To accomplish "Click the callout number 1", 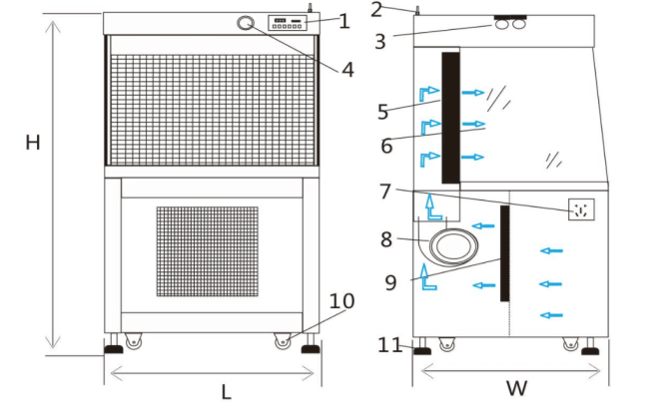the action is point(343,21).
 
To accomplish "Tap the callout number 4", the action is point(347,70).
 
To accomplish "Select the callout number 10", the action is point(341,301).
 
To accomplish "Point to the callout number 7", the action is point(385,192).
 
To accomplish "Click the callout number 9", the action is point(390,283).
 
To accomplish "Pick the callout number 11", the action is point(389,345).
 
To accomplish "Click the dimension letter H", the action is point(33,143).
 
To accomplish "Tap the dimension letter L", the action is point(226,392).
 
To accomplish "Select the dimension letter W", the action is point(517,388).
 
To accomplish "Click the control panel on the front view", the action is point(289,23).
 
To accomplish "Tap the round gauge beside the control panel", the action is point(246,23).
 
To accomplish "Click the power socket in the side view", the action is point(581,209).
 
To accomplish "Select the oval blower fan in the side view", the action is point(453,246).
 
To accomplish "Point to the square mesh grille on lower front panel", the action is point(208,251).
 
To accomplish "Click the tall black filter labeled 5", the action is point(450,118).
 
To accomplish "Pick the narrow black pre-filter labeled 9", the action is point(505,253).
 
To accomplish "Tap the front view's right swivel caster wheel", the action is point(284,341).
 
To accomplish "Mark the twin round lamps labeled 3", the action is point(510,24).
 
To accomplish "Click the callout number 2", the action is point(375,10).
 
